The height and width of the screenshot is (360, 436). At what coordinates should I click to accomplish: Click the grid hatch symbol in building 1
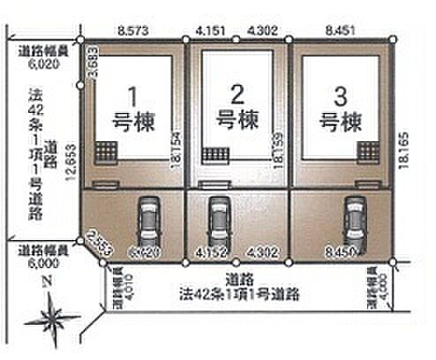pyautogui.click(x=107, y=152)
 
